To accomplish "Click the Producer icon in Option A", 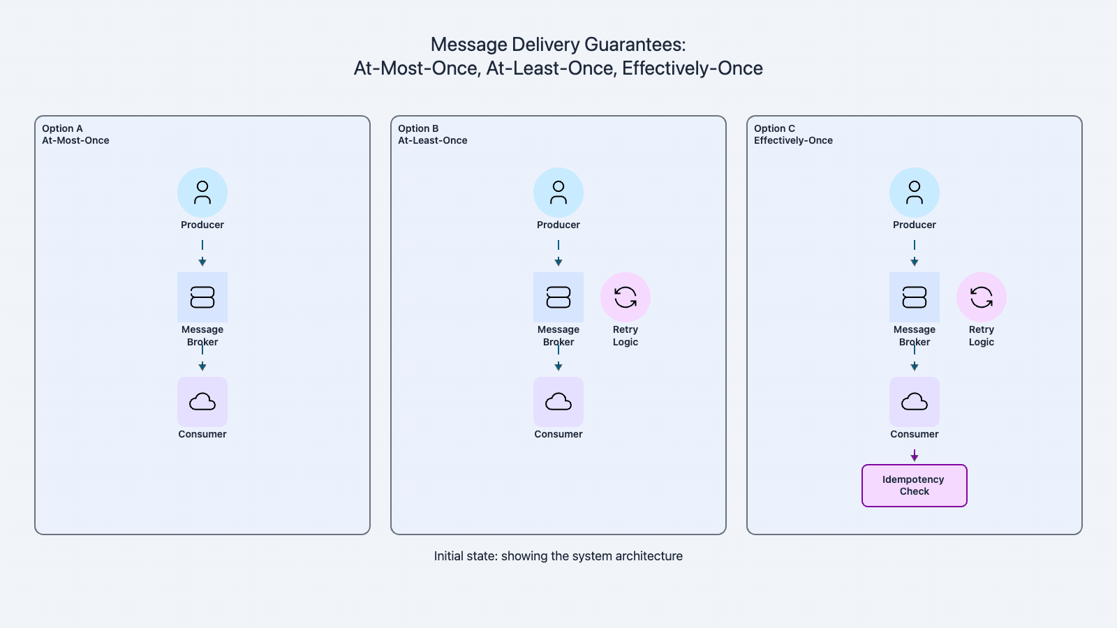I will click(x=202, y=193).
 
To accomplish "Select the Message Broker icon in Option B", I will click(x=558, y=297).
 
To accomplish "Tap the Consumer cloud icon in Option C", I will click(x=915, y=402).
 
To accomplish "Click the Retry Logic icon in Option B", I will click(x=626, y=297).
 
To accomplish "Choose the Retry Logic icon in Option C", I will click(x=982, y=297).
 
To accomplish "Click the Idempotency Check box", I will click(x=915, y=486).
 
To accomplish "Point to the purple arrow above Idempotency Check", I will click(x=915, y=456).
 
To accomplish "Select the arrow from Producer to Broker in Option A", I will click(x=202, y=254).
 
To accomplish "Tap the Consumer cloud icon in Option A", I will click(x=202, y=402).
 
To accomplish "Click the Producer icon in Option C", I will click(x=915, y=193).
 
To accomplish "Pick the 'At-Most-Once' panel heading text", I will click(x=75, y=140).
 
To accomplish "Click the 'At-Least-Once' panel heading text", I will click(x=433, y=140).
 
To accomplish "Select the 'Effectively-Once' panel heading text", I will click(x=793, y=140).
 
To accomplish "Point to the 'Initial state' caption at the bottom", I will click(x=558, y=556).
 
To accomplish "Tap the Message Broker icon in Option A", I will click(x=202, y=297).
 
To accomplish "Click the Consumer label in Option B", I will click(x=558, y=434).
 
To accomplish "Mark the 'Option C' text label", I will click(x=774, y=128).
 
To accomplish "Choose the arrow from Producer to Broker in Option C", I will click(x=915, y=254).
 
